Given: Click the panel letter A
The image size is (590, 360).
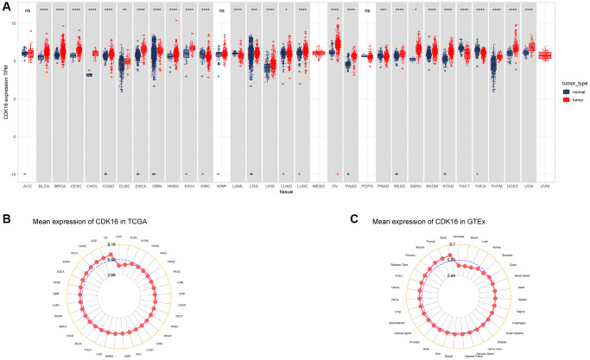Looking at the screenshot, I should [x=6, y=6].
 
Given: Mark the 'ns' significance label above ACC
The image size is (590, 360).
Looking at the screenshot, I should [x=27, y=10].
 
